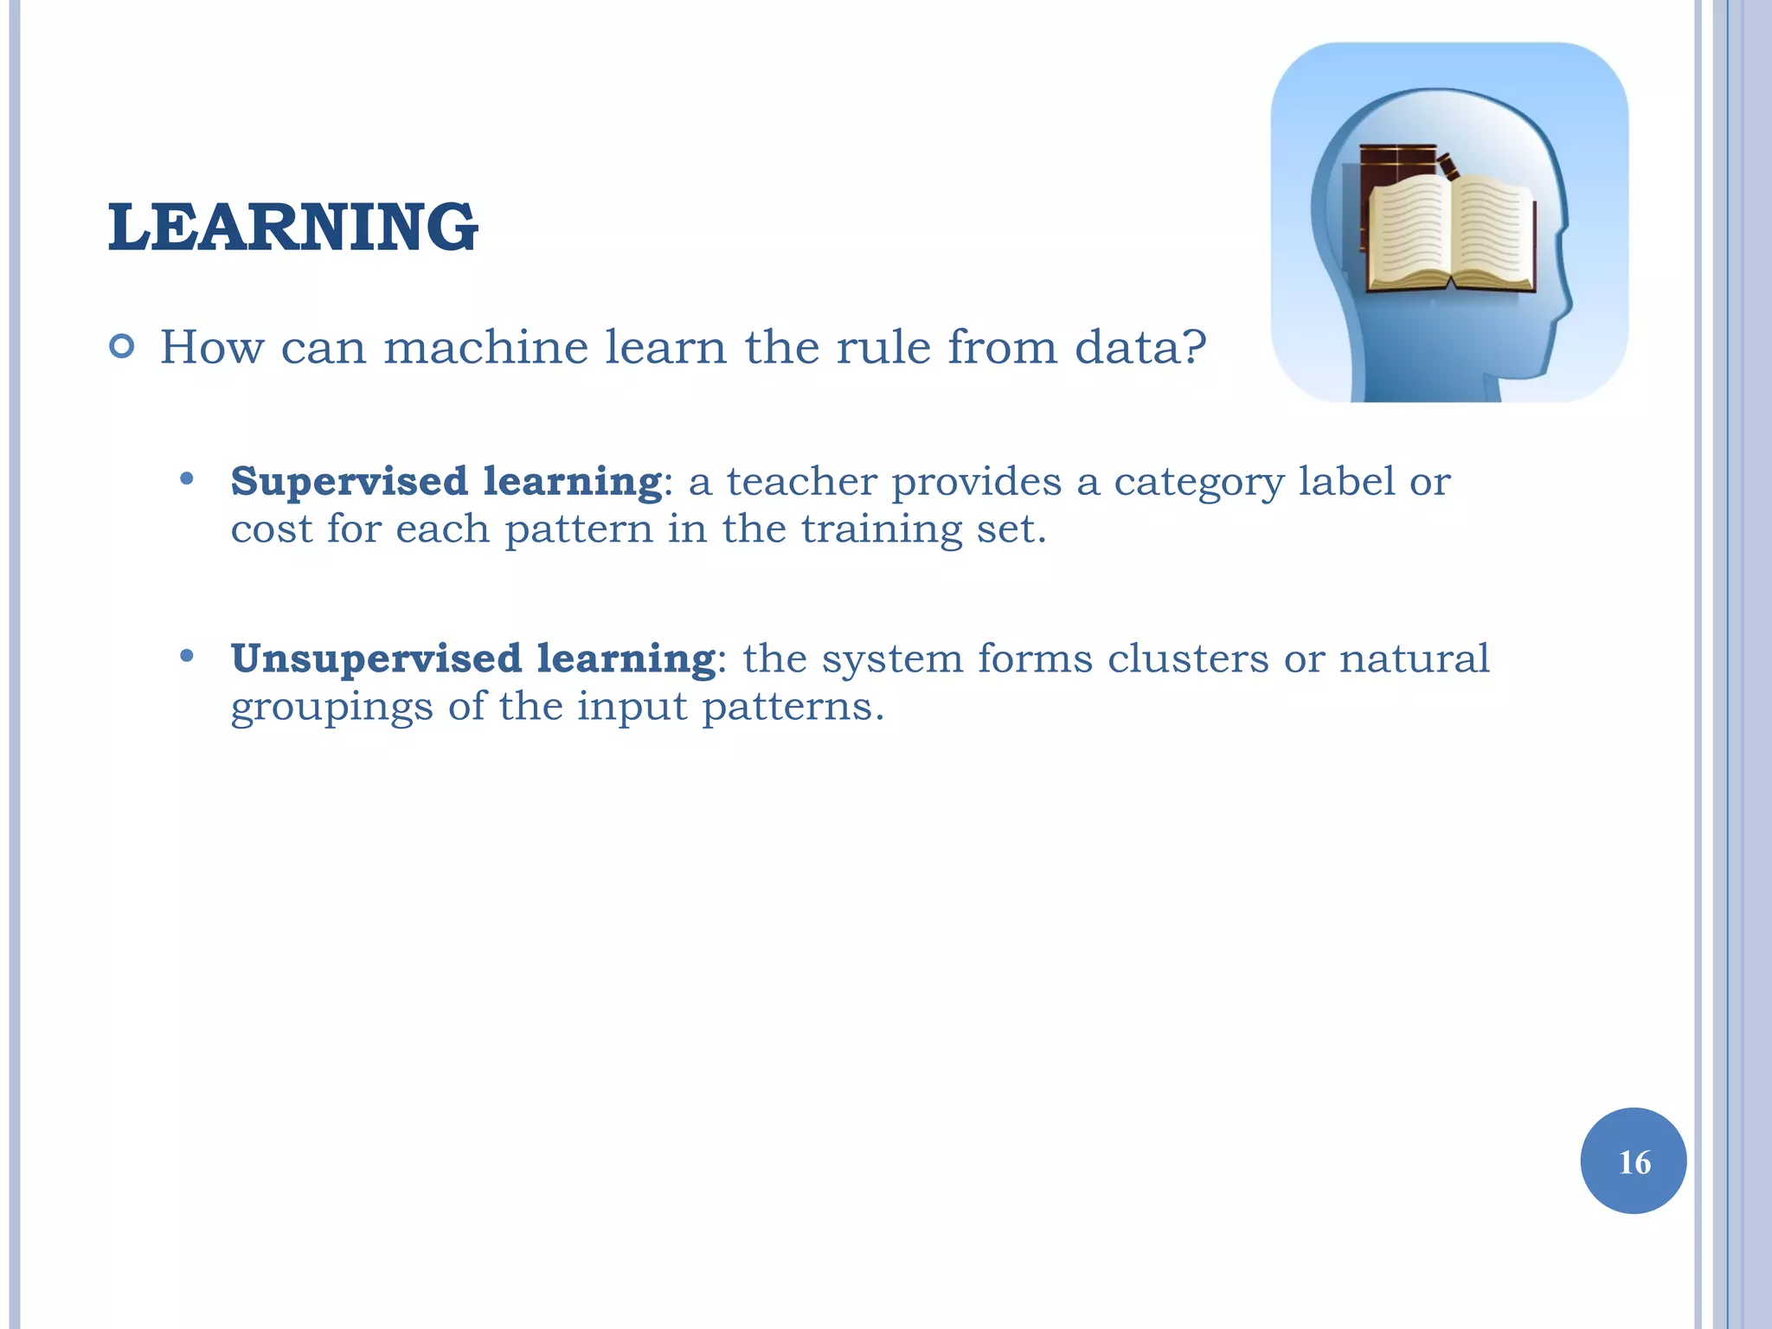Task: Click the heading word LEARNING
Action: click(x=292, y=227)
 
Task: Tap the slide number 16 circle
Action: click(x=1633, y=1160)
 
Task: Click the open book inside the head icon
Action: click(x=1450, y=234)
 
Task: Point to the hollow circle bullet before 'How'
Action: click(x=123, y=347)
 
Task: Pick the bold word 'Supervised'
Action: click(x=349, y=481)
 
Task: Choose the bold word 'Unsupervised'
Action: click(x=376, y=658)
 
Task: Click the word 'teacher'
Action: click(x=801, y=481)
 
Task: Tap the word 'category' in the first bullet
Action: click(x=1197, y=483)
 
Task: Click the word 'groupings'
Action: click(x=331, y=708)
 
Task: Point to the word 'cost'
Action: click(x=271, y=529)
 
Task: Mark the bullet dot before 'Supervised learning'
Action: click(x=186, y=478)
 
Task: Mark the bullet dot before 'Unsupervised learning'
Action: click(x=186, y=656)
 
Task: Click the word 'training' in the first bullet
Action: click(x=882, y=530)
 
